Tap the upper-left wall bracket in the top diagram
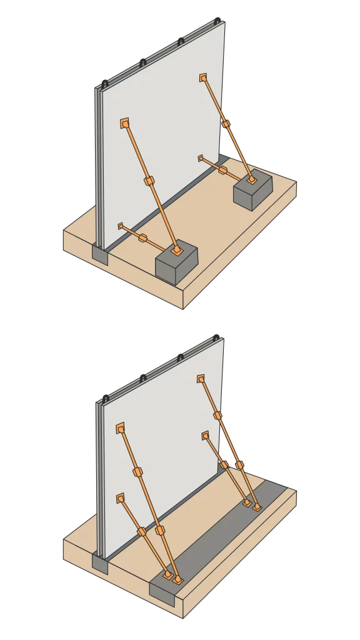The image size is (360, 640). tap(125, 123)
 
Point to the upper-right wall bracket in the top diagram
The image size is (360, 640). tap(204, 78)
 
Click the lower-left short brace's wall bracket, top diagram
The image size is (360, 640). tap(121, 226)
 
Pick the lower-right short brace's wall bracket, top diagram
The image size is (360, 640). tap(201, 158)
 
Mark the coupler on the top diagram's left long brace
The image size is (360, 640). tap(149, 182)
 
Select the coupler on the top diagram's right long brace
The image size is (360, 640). tap(226, 125)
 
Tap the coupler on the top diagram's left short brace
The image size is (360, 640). tap(143, 237)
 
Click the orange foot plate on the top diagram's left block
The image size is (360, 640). tap(177, 251)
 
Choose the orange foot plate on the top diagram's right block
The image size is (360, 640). tap(252, 180)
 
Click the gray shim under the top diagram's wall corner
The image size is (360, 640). tap(100, 253)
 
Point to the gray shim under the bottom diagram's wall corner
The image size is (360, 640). tap(100, 561)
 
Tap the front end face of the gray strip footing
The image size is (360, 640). tap(162, 594)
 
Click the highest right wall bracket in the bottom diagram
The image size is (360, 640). tap(201, 378)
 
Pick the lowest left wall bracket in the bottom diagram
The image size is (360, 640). tap(120, 498)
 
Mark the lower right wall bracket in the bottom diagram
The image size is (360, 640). tap(204, 434)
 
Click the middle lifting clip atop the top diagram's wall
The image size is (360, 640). tap(142, 61)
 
